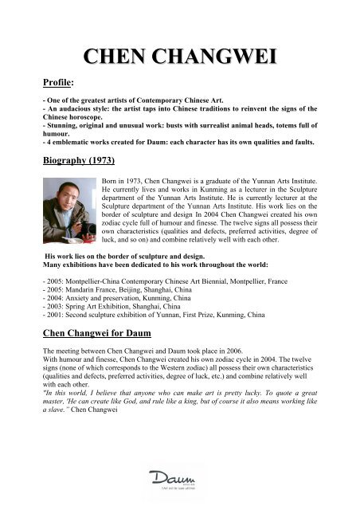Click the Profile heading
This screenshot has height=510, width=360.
60,81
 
